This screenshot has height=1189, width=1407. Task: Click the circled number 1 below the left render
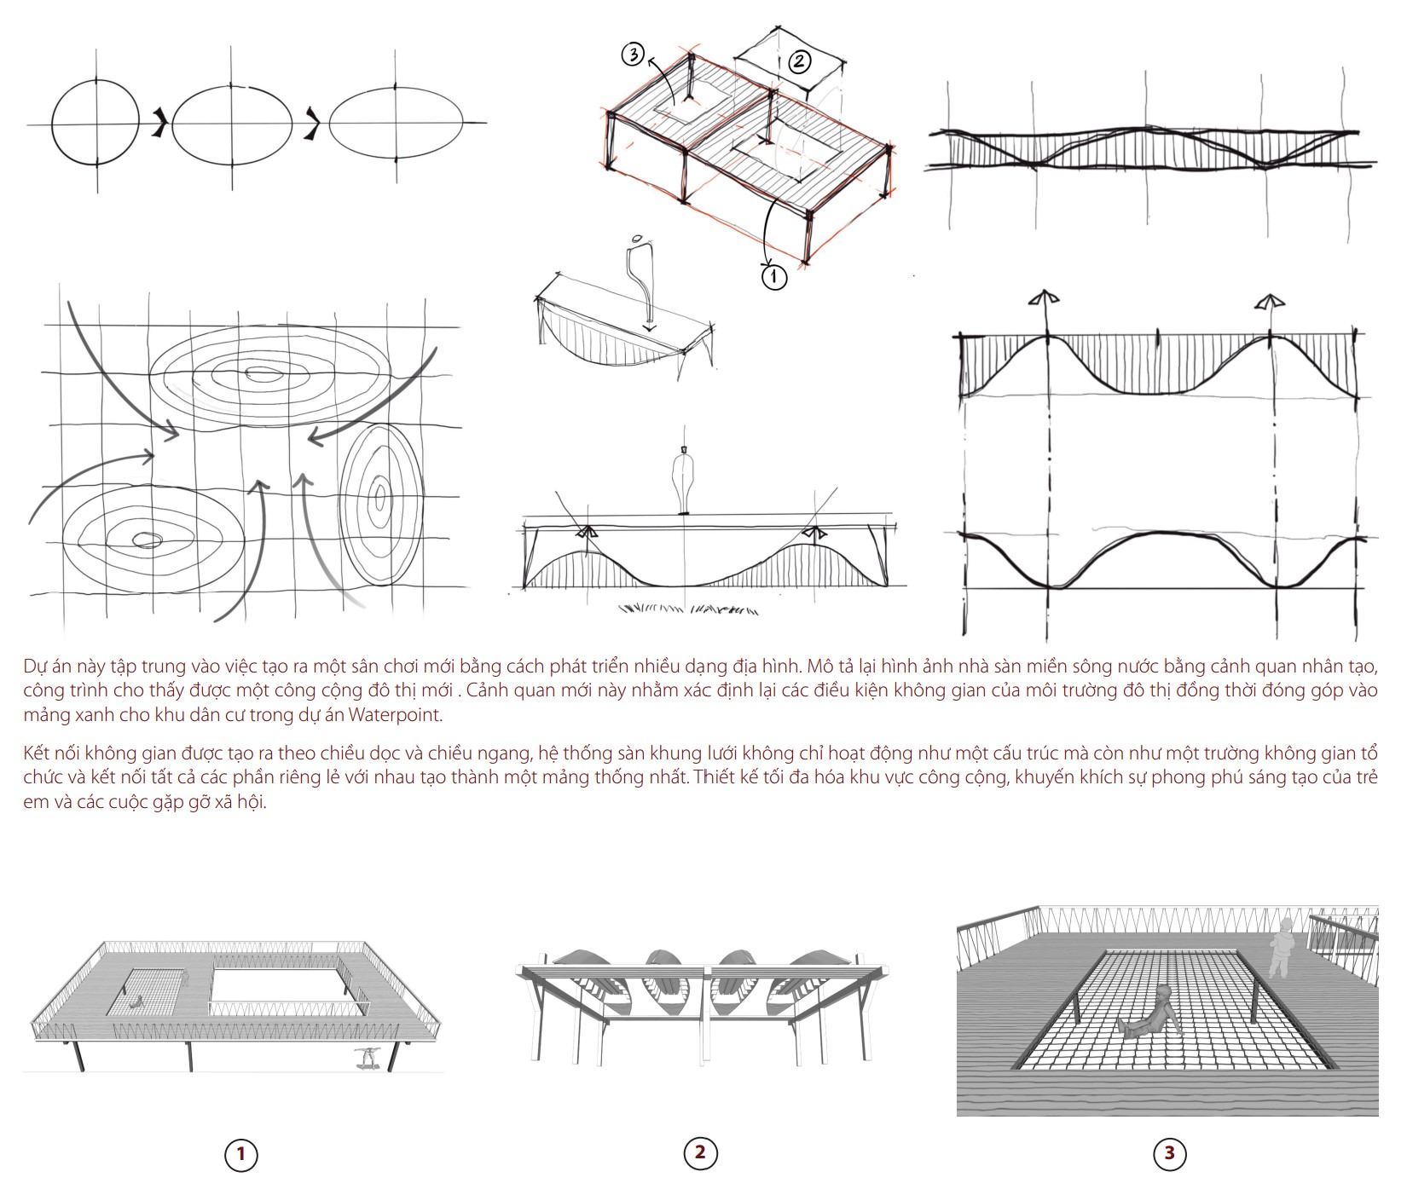[240, 1155]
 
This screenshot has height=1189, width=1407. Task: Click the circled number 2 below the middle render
[700, 1152]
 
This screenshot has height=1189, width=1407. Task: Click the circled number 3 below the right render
[1169, 1154]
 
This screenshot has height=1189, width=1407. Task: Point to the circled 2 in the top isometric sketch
[799, 61]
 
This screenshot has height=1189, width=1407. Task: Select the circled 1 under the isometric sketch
[773, 276]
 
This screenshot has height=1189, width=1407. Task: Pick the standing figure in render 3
[1281, 948]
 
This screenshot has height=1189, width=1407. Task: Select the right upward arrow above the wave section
[1269, 302]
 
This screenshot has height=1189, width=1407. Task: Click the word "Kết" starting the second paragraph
[39, 753]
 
